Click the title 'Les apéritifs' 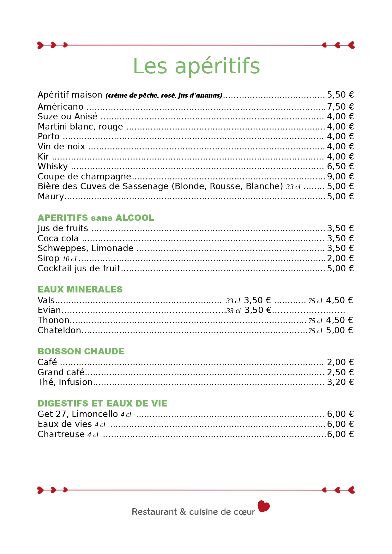[196, 66]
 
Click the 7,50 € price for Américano [340, 107]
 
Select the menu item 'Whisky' [53, 166]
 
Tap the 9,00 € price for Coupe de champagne [340, 177]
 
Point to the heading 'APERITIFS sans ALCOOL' [96, 218]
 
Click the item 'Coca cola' [58, 238]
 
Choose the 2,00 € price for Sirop [340, 258]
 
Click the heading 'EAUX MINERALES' [80, 290]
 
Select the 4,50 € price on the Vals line [339, 300]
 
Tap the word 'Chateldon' [59, 330]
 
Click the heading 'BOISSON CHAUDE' [81, 352]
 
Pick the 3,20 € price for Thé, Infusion [340, 382]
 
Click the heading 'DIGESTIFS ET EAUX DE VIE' [102, 404]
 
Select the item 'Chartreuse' [61, 434]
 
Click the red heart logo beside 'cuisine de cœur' [263, 506]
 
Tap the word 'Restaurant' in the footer [154, 512]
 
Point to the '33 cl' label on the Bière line [293, 187]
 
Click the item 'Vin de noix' [61, 147]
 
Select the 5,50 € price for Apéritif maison [340, 95]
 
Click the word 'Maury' [51, 196]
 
